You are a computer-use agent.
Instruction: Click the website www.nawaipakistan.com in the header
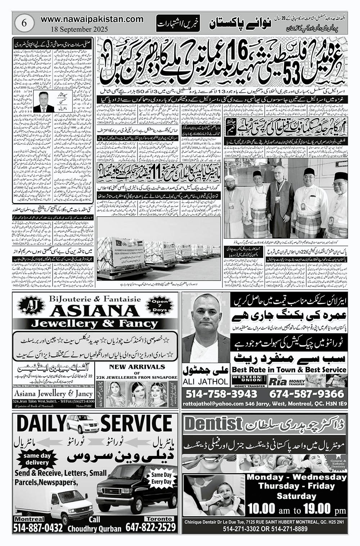(x=92, y=19)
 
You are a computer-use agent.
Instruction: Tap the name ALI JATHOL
(x=206, y=381)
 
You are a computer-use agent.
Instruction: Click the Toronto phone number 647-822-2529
(x=151, y=528)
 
